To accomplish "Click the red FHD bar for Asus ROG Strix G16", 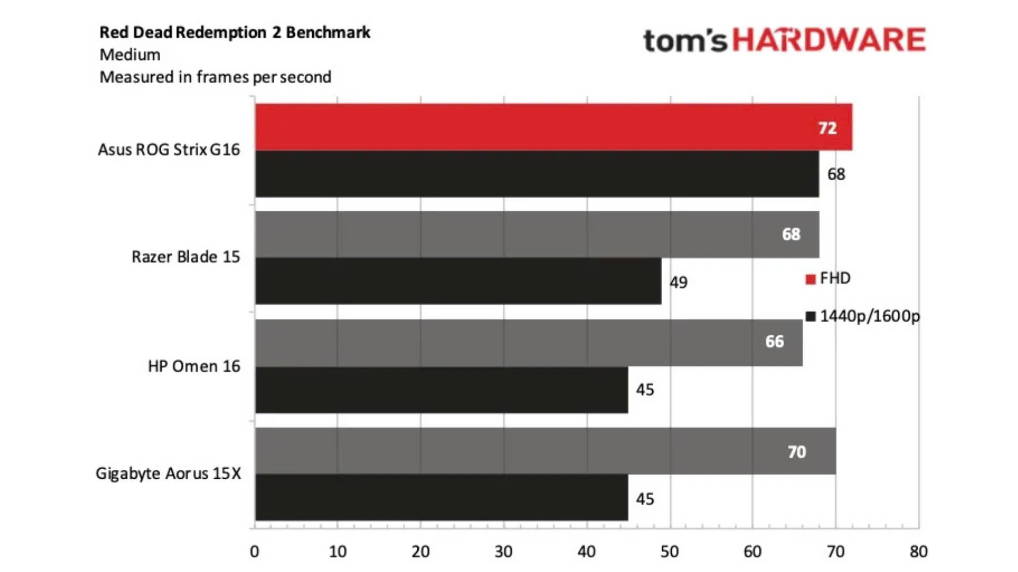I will (530, 127).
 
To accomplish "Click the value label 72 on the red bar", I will (827, 128).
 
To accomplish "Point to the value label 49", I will (678, 282).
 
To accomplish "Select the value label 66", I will (774, 342).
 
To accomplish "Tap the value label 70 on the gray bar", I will (796, 452).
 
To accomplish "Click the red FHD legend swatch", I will (810, 279).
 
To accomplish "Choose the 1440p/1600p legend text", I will (870, 316).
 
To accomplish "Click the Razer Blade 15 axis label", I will (186, 257).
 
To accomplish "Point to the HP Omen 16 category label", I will (194, 366).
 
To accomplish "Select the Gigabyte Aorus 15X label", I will (168, 473).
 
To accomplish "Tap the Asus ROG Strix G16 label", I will (169, 150).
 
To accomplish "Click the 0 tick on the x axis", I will (254, 552).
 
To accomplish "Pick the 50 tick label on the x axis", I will (670, 552).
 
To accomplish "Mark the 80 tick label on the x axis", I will (918, 552).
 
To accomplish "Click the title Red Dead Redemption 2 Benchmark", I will (234, 32).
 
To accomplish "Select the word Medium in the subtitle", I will (130, 55).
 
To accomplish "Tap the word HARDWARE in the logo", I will (829, 40).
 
